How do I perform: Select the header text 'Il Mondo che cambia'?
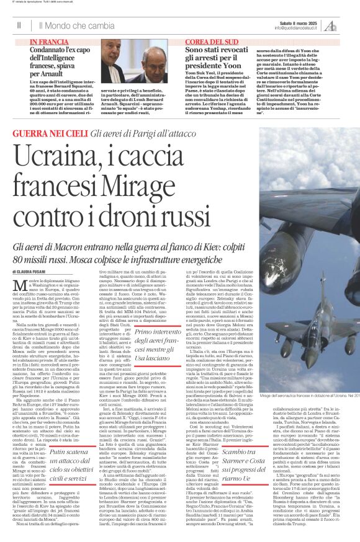coord(76,25)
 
